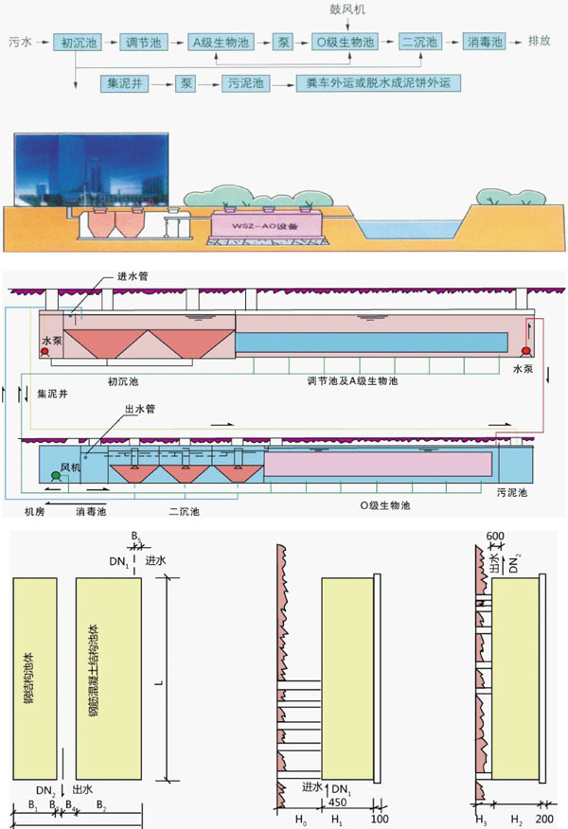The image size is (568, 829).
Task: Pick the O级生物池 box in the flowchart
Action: (344, 43)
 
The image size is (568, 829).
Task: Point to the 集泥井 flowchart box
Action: (124, 83)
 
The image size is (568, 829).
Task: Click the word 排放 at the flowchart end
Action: (540, 43)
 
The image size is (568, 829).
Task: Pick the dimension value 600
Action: (495, 536)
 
